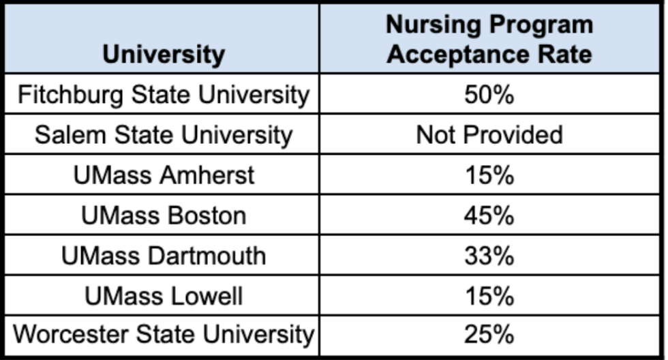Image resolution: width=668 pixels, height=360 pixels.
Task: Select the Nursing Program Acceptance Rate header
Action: [489, 40]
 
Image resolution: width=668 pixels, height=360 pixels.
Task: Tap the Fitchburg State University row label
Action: [164, 94]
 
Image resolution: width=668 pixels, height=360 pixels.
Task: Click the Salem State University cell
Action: [164, 134]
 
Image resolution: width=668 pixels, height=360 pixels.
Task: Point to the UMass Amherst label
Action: [164, 175]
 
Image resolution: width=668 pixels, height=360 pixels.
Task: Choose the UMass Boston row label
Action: [164, 215]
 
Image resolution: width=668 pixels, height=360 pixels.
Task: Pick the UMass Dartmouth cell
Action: [164, 256]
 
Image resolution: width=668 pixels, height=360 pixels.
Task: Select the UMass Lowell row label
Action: [164, 296]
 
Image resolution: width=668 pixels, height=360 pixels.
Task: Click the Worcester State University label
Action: [164, 335]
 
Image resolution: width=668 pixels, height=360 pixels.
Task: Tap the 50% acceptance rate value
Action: [489, 94]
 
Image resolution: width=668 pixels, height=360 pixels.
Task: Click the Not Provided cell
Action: [489, 134]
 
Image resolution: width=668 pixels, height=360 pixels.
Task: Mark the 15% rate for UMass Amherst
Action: [489, 175]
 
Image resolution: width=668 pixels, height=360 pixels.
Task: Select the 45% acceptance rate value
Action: [489, 215]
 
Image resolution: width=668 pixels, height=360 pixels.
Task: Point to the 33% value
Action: [489, 256]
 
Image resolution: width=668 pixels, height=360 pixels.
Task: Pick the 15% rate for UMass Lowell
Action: [489, 296]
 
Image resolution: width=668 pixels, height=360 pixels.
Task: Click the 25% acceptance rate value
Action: [489, 335]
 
